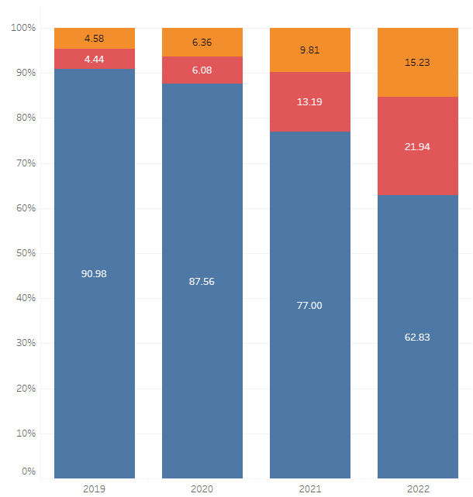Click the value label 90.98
(94, 273)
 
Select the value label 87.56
(202, 281)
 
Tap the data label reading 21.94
(417, 146)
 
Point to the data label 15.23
(417, 63)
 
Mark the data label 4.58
(94, 38)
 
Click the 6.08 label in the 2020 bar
(202, 70)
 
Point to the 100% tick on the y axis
(23, 28)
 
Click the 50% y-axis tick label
(26, 253)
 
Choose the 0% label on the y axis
(29, 471)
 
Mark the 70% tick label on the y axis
(26, 163)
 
